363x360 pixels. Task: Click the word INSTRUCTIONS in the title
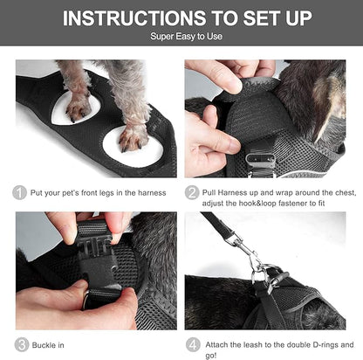(122, 18)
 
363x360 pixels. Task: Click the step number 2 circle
(193, 192)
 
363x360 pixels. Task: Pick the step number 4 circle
(193, 344)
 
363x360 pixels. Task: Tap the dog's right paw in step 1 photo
(134, 135)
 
